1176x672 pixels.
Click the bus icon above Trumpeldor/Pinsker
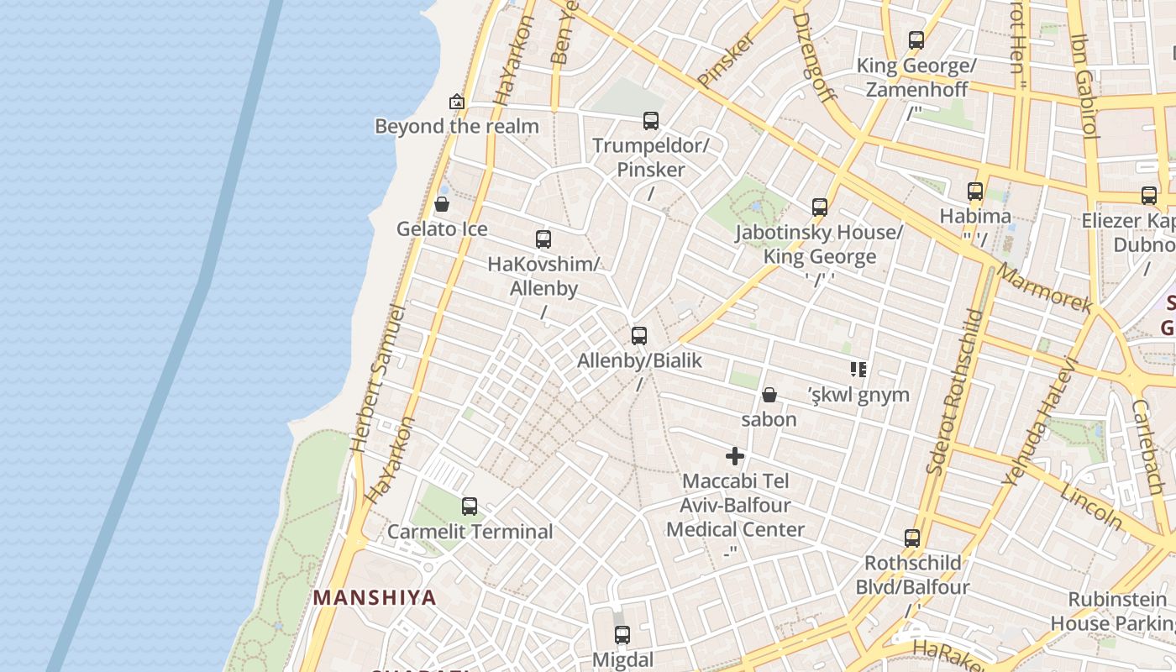click(651, 120)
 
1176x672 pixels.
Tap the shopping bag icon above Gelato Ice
click(442, 204)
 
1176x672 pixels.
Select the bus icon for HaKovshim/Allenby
click(543, 239)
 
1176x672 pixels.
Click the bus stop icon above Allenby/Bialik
click(639, 336)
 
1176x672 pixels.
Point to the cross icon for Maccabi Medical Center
click(735, 456)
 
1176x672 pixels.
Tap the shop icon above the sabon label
click(769, 395)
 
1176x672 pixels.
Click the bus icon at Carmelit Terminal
click(470, 507)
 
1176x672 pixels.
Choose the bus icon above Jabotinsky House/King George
click(820, 207)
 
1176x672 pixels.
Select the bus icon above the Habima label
click(975, 192)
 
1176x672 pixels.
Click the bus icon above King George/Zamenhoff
click(916, 39)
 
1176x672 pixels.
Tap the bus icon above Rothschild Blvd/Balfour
click(912, 538)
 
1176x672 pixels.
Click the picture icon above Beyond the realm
click(457, 102)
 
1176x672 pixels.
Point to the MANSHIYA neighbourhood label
click(375, 597)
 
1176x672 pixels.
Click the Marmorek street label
click(1044, 288)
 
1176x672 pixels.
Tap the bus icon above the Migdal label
click(622, 635)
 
